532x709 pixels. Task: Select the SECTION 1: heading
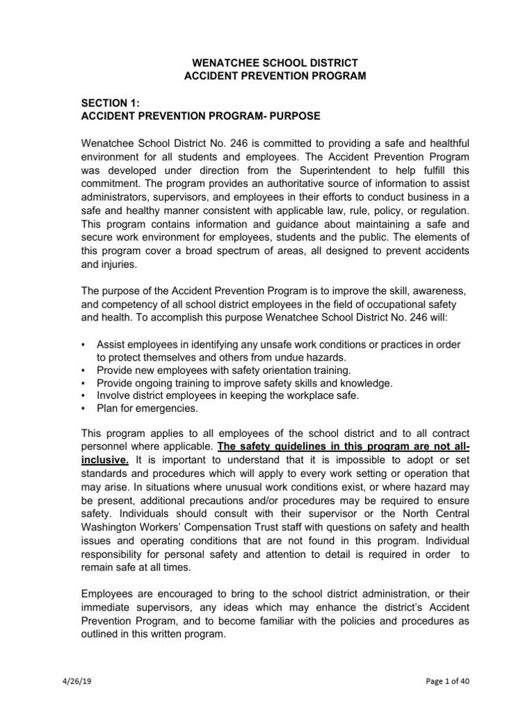click(111, 102)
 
